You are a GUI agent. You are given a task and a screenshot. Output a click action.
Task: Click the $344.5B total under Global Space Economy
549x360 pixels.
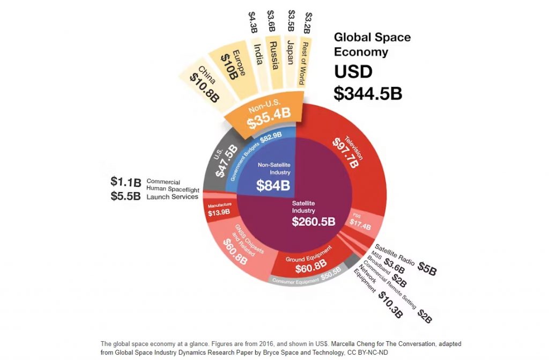368,92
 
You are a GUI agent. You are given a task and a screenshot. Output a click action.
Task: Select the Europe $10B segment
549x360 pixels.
228,63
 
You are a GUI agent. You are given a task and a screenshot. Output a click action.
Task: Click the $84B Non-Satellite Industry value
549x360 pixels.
273,186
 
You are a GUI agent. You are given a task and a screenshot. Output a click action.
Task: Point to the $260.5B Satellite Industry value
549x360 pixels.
313,222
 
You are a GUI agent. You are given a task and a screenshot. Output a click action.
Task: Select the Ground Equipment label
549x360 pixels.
308,259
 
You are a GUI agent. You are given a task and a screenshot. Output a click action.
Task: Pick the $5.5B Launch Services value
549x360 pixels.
125,196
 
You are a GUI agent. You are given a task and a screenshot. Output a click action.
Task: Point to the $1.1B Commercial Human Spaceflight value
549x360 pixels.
125,182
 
